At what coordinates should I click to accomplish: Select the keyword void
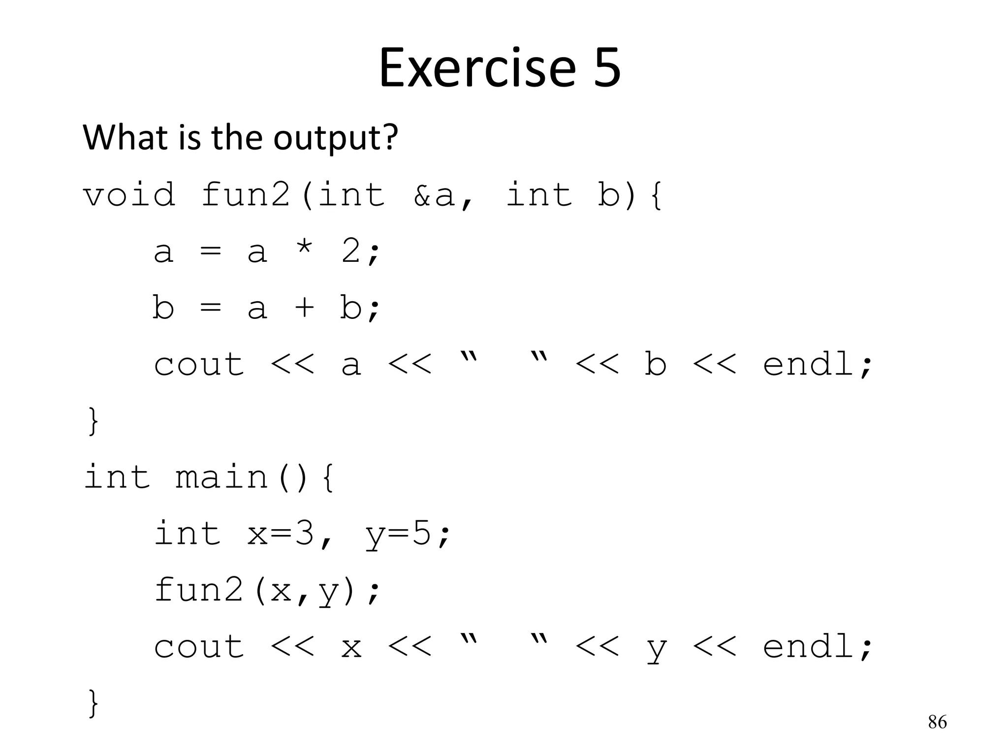[129, 194]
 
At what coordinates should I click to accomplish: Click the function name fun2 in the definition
[246, 194]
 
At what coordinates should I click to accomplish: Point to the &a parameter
[434, 194]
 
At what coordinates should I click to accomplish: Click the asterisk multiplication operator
[305, 251]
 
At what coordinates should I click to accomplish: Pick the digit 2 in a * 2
[351, 251]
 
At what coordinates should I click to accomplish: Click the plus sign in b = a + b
[305, 308]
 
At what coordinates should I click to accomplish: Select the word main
[222, 477]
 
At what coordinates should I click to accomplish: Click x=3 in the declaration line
[281, 534]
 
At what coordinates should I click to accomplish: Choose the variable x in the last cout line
[351, 648]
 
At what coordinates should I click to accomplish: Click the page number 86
[937, 722]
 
